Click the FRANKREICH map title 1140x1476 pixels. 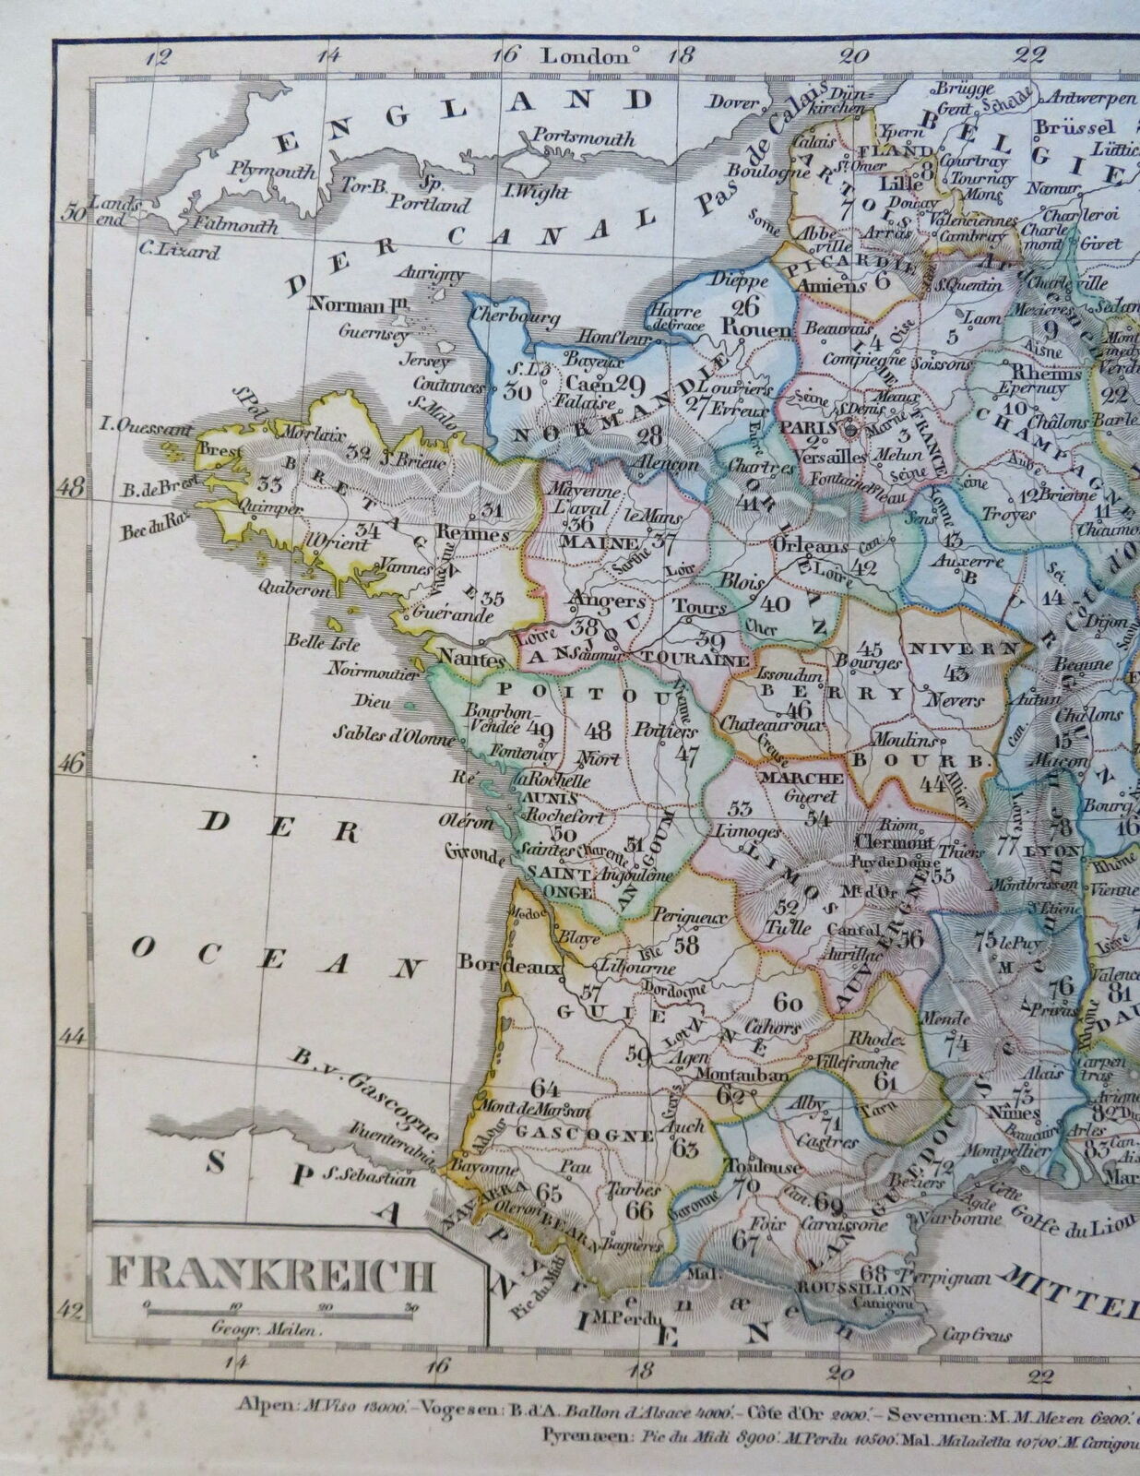coord(271,1275)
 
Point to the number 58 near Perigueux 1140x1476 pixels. coord(685,944)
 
